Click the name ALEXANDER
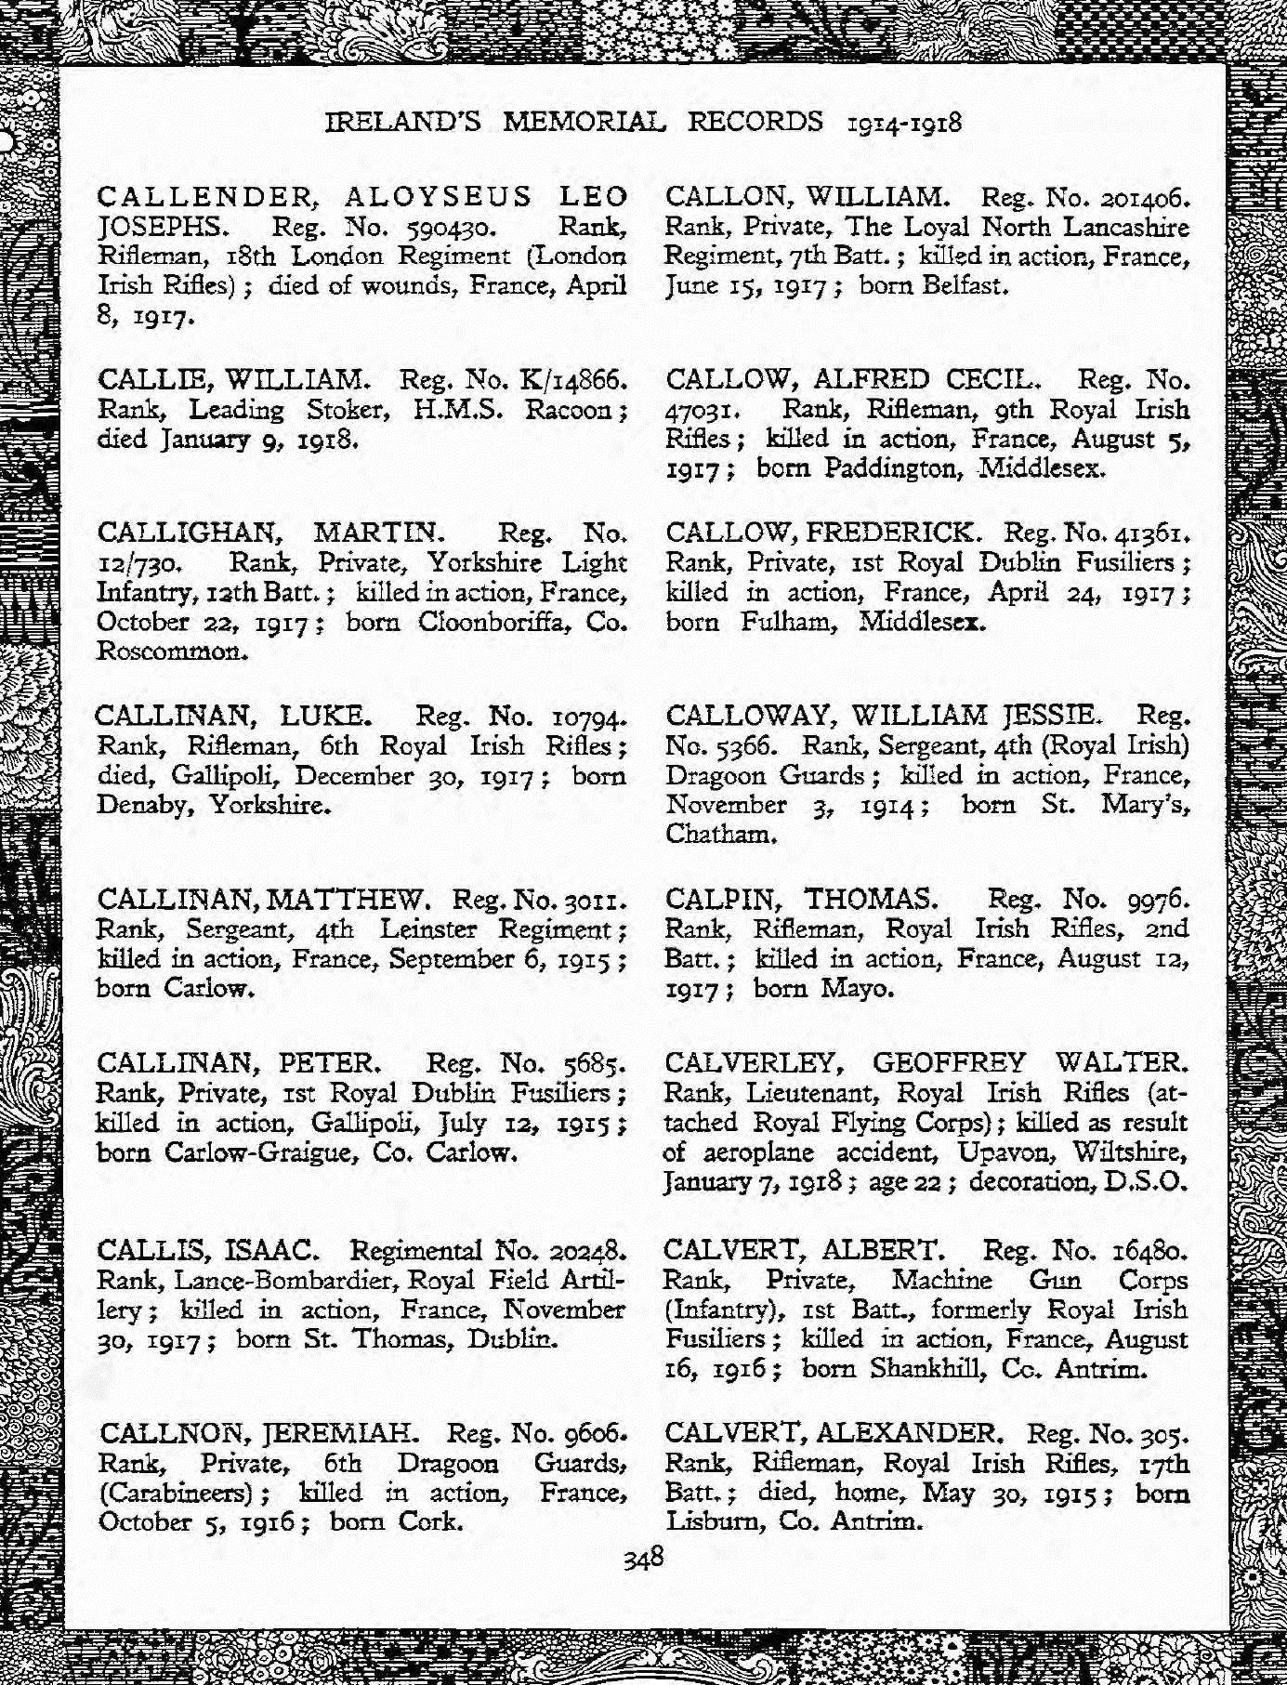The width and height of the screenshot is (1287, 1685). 909,1432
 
